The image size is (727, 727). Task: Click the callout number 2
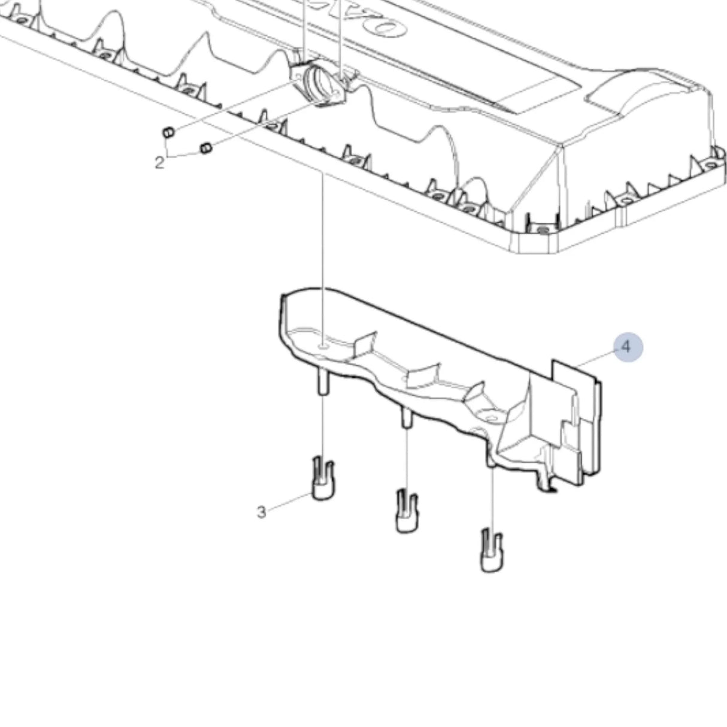click(159, 162)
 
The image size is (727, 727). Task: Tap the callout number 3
click(261, 513)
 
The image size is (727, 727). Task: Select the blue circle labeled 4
click(627, 347)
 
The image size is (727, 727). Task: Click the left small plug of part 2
click(168, 132)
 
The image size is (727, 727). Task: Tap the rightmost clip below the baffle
click(492, 550)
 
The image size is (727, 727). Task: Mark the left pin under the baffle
click(323, 383)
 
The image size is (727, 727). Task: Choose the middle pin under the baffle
click(406, 418)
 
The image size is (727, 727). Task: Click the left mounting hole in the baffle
click(323, 346)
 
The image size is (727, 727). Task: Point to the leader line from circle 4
click(596, 358)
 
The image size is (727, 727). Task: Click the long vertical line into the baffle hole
click(323, 258)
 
